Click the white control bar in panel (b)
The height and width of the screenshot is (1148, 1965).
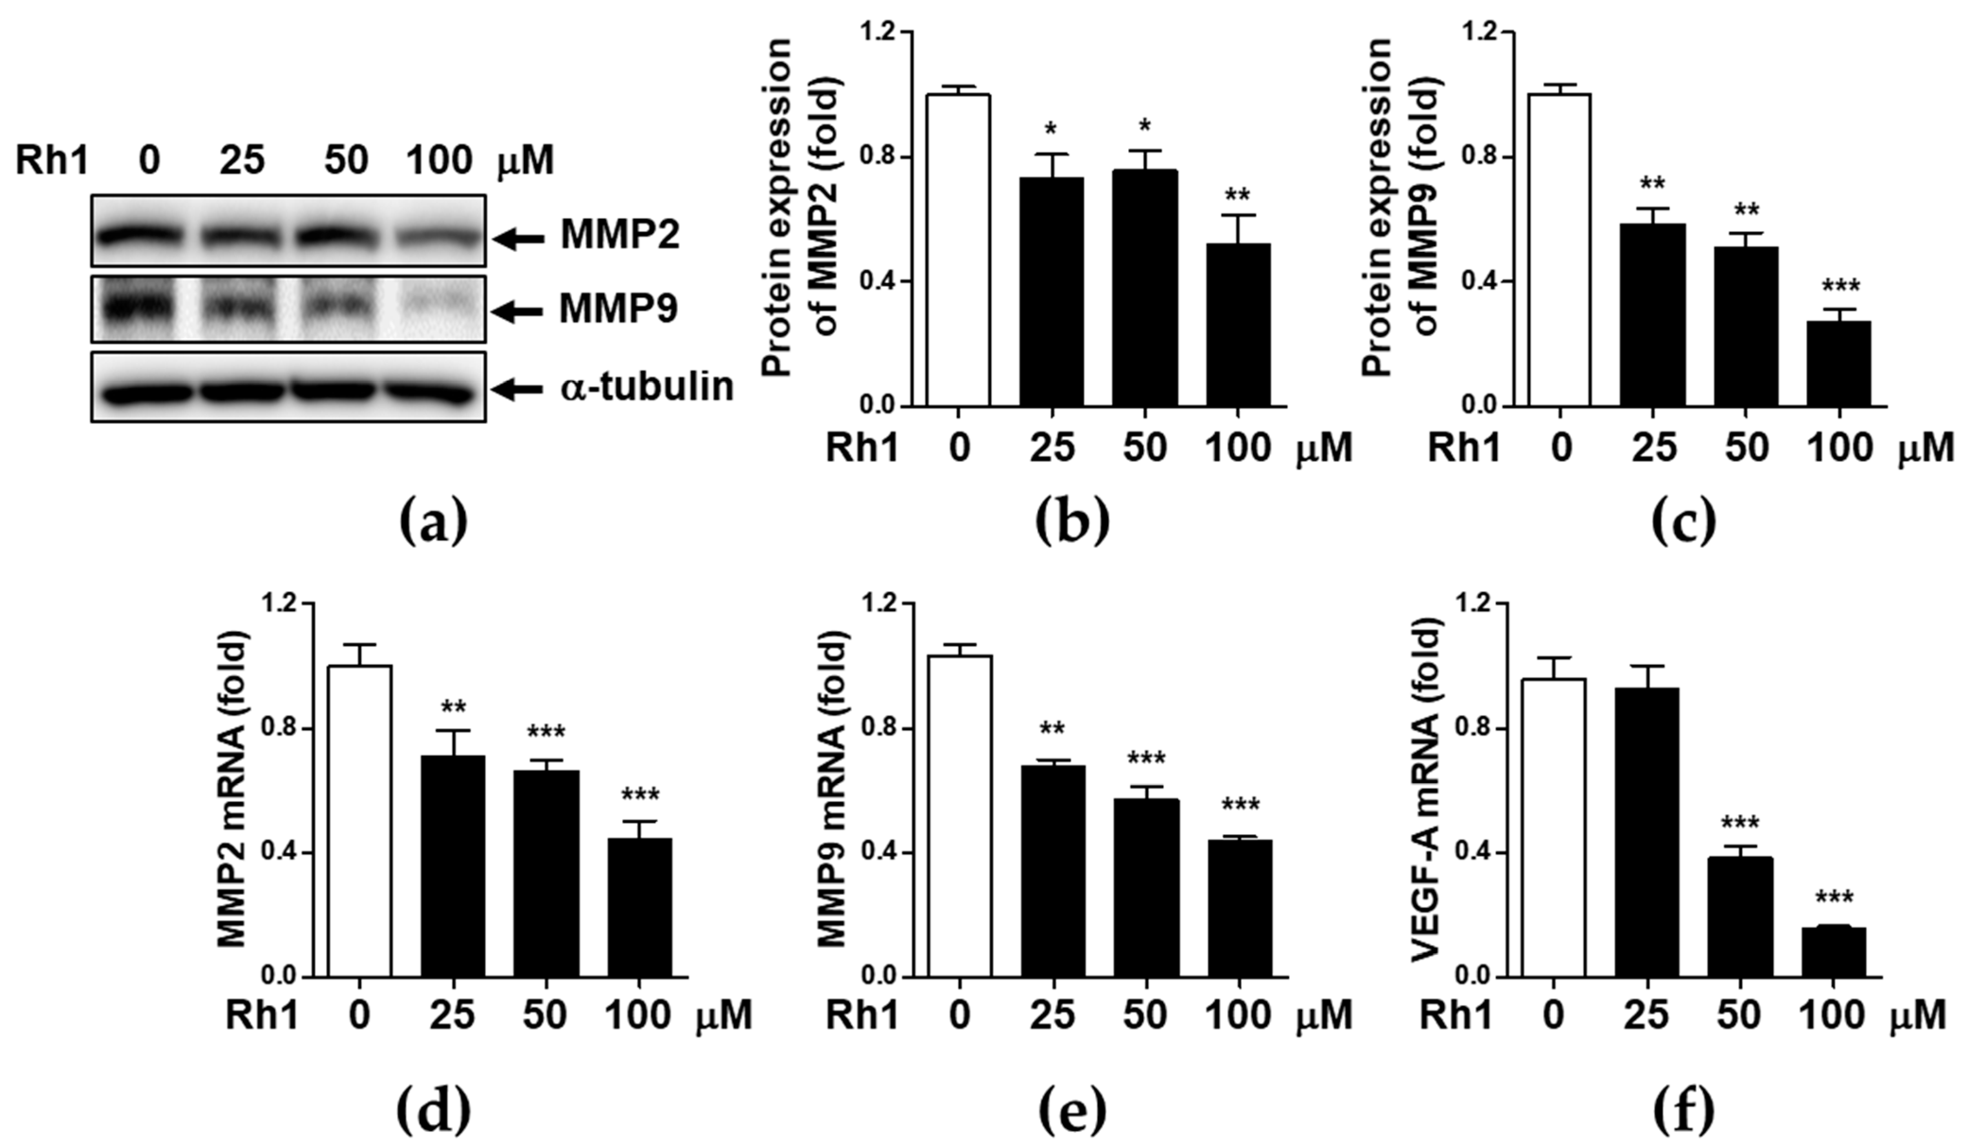tap(958, 250)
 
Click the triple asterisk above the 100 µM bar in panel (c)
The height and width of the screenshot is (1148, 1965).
tap(1839, 286)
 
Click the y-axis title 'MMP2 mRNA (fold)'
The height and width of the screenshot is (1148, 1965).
tap(232, 789)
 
